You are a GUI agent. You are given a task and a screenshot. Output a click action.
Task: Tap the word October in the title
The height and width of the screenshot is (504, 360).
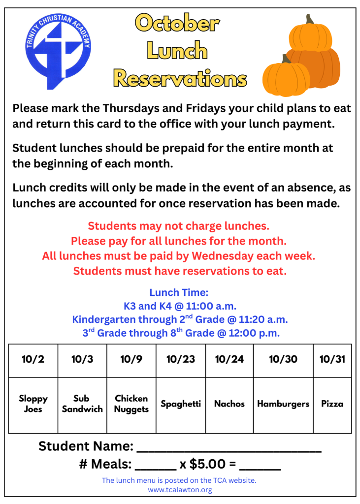pyautogui.click(x=177, y=23)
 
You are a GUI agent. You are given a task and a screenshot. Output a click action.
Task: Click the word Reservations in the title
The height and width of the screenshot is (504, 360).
pyautogui.click(x=180, y=78)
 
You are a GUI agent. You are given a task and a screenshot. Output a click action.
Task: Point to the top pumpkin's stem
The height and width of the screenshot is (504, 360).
pyautogui.click(x=310, y=20)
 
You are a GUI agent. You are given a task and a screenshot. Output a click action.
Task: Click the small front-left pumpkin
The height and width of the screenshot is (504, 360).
pyautogui.click(x=286, y=76)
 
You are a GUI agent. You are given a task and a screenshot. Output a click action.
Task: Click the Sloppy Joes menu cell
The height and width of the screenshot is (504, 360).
pyautogui.click(x=33, y=404)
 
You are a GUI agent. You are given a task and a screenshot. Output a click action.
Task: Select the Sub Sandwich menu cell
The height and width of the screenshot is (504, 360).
pyautogui.click(x=82, y=404)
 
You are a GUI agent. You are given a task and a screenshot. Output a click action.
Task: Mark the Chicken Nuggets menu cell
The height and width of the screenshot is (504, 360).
pyautogui.click(x=131, y=404)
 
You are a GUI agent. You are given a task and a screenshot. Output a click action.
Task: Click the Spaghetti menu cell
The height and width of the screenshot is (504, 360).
pyautogui.click(x=181, y=404)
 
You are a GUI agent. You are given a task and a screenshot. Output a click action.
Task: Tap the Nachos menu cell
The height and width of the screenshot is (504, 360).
pyautogui.click(x=229, y=404)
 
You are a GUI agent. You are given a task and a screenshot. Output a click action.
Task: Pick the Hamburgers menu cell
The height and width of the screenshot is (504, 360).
pyautogui.click(x=283, y=404)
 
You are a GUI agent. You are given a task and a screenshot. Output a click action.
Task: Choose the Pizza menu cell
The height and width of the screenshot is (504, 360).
pyautogui.click(x=332, y=404)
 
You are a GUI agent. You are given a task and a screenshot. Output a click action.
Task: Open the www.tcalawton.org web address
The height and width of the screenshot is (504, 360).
pyautogui.click(x=180, y=490)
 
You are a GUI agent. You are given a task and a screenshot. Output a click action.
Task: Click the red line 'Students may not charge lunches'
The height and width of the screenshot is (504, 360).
pyautogui.click(x=179, y=226)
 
